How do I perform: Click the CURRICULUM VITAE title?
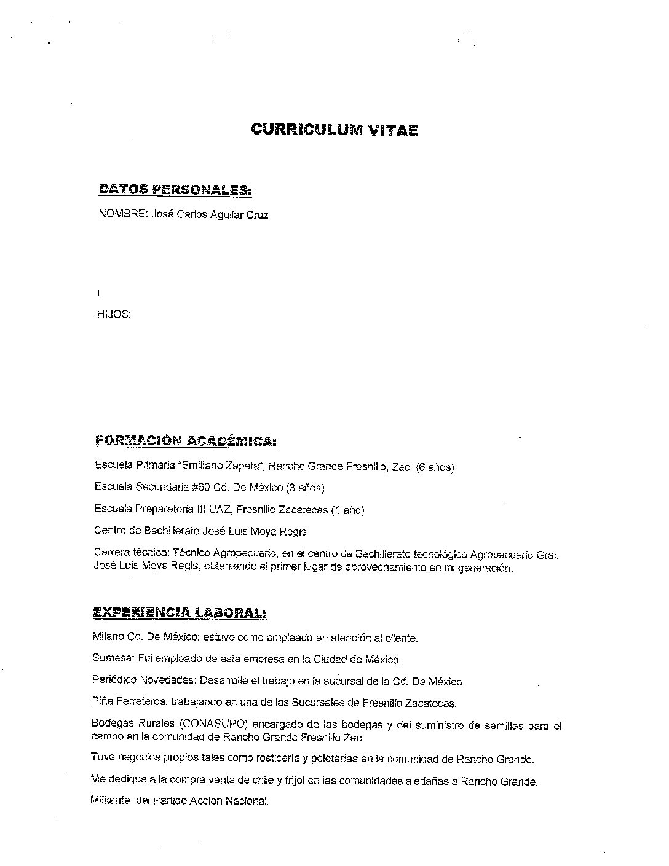click(x=334, y=130)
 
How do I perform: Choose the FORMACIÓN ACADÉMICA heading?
click(x=186, y=441)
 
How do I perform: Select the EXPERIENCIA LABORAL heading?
click(x=179, y=612)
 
